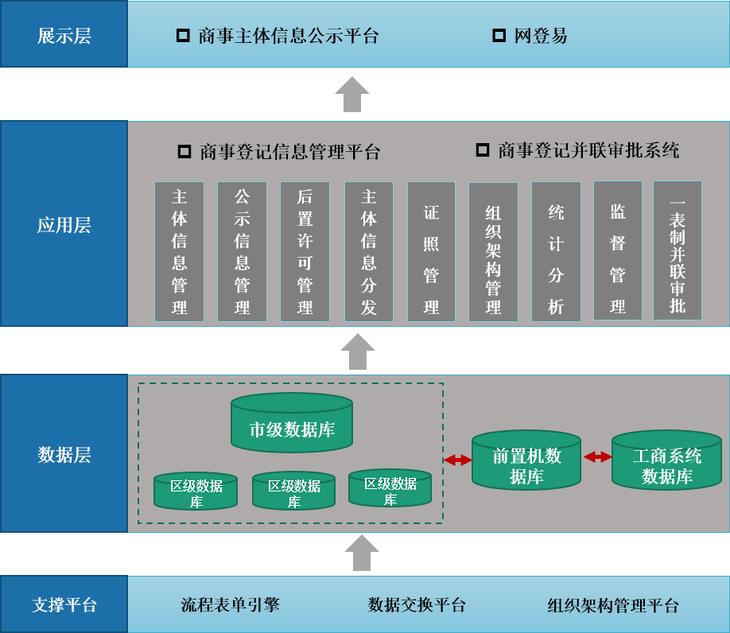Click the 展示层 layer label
pos(64,36)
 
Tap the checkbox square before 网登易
pos(499,36)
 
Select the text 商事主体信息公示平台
pos(288,36)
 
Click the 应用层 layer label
pos(64,225)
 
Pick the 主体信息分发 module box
pos(368,251)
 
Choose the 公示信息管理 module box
pos(242,251)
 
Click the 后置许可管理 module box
pos(305,251)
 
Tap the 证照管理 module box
pos(431,251)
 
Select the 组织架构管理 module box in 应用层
pos(493,252)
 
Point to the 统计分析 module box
pos(556,251)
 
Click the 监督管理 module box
pos(618,250)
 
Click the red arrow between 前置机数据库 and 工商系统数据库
pos(598,457)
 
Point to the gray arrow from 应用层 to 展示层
pos(352,95)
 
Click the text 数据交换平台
pos(417,605)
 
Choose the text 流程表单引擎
pos(231,605)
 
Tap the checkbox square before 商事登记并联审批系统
pos(483,150)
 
